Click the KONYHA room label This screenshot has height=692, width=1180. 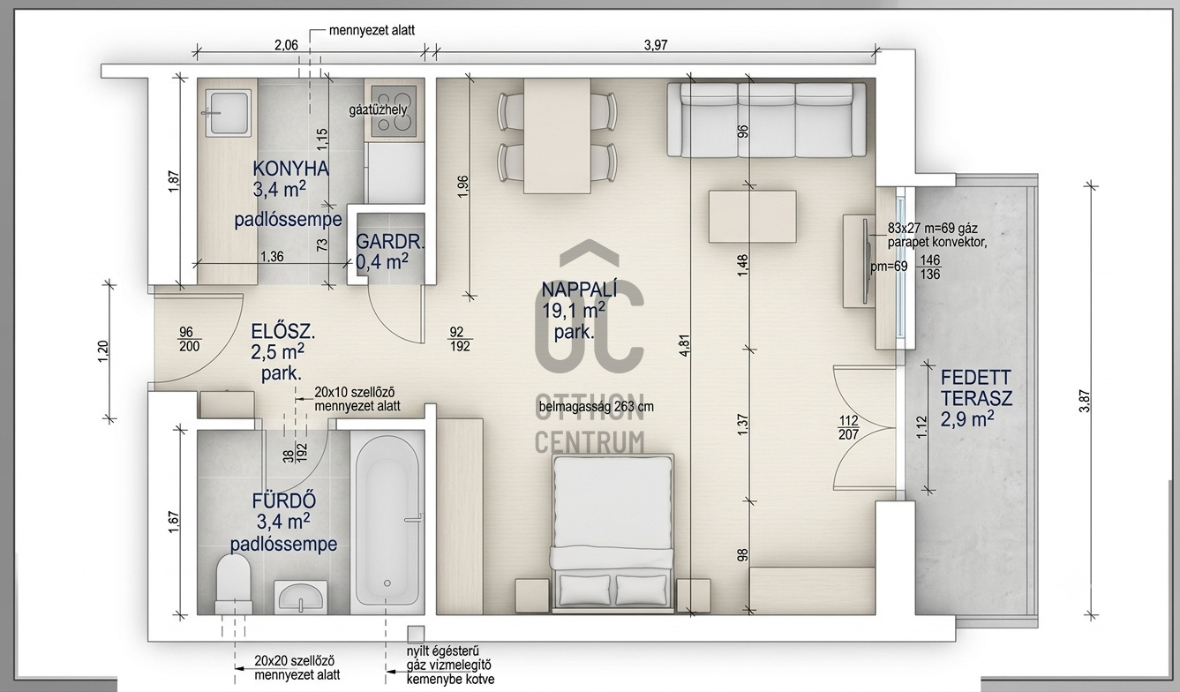click(290, 169)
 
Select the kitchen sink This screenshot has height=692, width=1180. click(228, 111)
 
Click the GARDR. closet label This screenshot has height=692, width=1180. click(390, 243)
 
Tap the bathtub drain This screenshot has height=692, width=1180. click(387, 583)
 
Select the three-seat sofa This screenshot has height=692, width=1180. click(766, 119)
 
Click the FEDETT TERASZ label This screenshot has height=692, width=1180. click(976, 387)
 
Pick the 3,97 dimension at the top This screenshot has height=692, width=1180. click(656, 45)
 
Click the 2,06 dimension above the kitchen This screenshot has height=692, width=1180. click(286, 45)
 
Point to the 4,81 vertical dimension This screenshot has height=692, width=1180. click(685, 345)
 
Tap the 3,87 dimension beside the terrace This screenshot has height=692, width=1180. click(1084, 400)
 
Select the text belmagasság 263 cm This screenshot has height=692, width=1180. click(596, 407)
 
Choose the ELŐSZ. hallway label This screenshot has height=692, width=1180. click(283, 332)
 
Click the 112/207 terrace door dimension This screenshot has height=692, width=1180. click(849, 427)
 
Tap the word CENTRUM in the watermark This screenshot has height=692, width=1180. click(590, 442)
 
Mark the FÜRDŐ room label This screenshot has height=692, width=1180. click(284, 500)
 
